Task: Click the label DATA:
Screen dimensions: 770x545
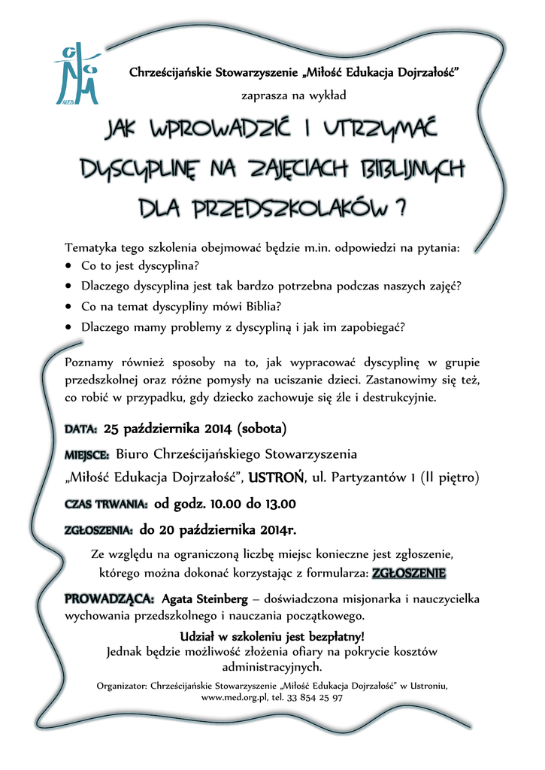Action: click(81, 430)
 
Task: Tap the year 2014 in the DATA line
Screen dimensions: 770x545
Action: click(216, 429)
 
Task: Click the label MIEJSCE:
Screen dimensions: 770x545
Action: click(87, 455)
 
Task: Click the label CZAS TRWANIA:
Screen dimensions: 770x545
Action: click(106, 505)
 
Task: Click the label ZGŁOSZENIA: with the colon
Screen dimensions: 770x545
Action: click(99, 531)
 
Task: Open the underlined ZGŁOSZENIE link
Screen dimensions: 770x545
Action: click(409, 574)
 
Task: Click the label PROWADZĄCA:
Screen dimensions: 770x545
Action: click(111, 600)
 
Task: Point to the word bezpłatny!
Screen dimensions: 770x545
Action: click(332, 637)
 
